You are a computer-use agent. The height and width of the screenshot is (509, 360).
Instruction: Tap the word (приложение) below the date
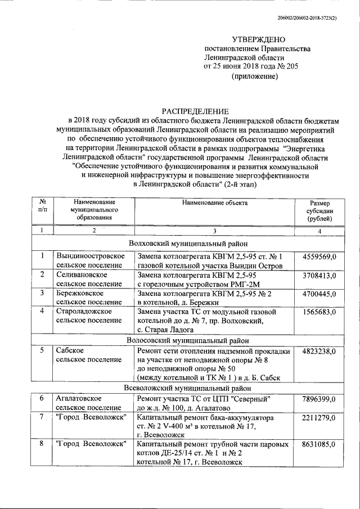[x=255, y=75]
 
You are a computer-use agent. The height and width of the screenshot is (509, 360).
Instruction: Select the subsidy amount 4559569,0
[x=319, y=257]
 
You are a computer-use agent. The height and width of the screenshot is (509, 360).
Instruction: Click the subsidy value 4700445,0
[x=319, y=294]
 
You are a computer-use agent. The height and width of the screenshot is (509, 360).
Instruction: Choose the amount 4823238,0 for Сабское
[x=319, y=352]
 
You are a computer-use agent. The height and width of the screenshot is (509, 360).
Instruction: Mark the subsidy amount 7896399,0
[x=319, y=399]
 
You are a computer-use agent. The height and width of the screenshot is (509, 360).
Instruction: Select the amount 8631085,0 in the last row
[x=319, y=444]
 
